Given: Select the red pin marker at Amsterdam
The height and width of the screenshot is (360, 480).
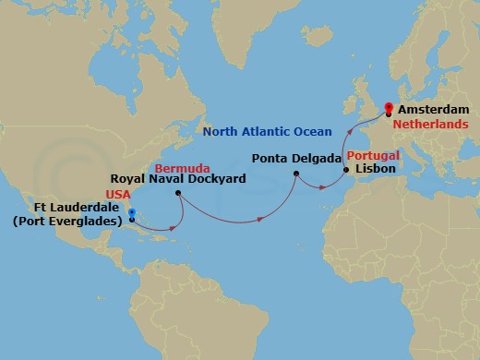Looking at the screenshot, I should (x=388, y=108).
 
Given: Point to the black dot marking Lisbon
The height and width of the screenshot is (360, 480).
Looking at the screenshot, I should (x=345, y=171).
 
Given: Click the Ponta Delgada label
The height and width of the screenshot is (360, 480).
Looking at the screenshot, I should (x=288, y=157).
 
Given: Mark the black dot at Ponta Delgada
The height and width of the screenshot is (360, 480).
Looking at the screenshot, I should (x=295, y=173).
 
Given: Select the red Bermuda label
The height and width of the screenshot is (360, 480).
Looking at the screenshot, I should (x=177, y=169).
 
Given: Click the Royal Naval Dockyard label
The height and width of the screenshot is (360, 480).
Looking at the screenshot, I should (x=177, y=180).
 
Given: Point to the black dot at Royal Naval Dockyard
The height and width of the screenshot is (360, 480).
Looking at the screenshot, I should (x=178, y=193).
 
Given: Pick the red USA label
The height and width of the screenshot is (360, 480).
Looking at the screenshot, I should (x=119, y=196).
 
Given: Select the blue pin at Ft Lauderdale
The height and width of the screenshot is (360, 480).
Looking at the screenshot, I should (x=131, y=215).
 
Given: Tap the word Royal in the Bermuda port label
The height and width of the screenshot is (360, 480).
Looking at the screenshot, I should (x=127, y=180).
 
